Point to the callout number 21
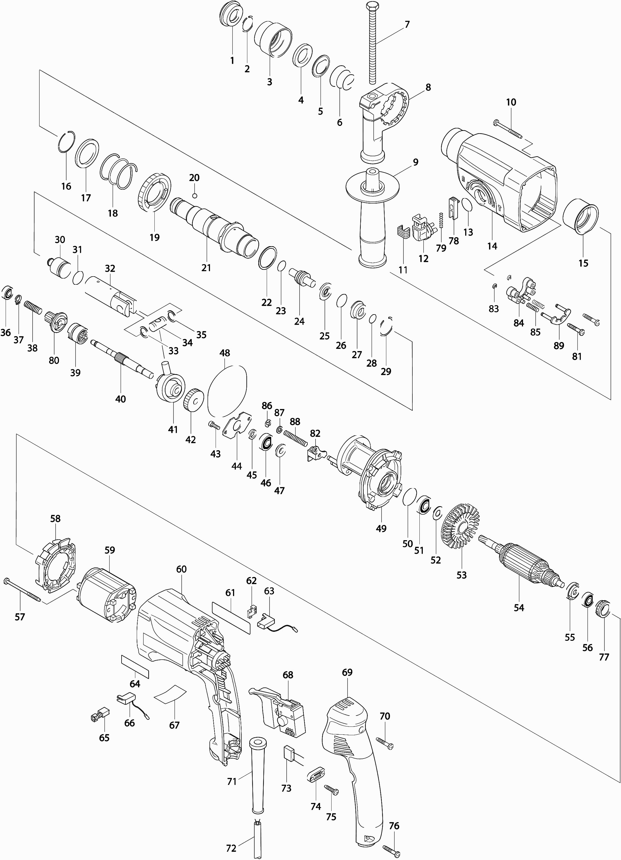coord(206,268)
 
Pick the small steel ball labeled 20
coord(194,196)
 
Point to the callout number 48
coord(225,353)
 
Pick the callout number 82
coord(315,433)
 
